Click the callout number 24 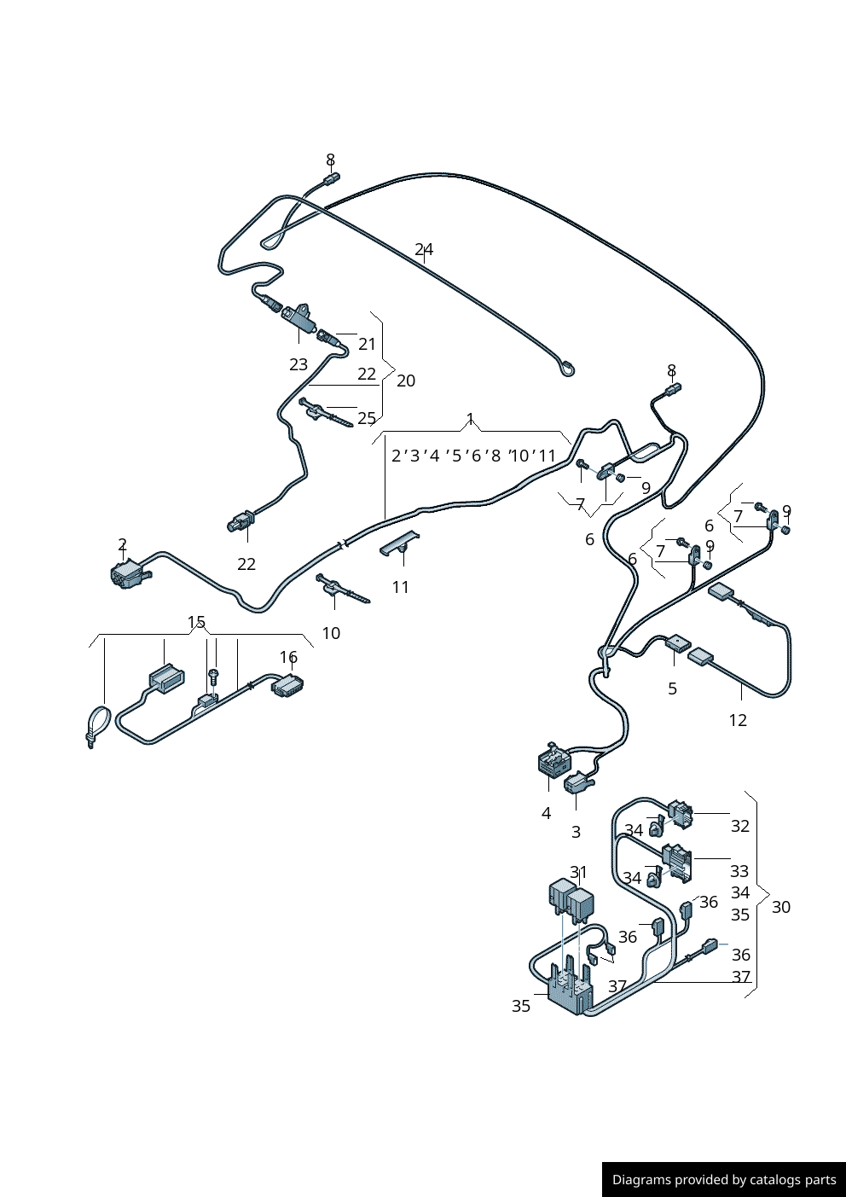click(424, 250)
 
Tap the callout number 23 click(298, 364)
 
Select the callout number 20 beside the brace click(406, 381)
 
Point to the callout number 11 click(401, 587)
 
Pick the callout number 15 click(196, 622)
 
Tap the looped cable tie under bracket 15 click(98, 727)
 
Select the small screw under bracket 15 click(214, 676)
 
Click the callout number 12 click(738, 720)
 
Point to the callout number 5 click(672, 689)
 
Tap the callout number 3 click(576, 832)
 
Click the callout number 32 click(740, 826)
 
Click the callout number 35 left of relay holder click(521, 1006)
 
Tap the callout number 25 click(367, 418)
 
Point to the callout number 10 click(331, 633)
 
